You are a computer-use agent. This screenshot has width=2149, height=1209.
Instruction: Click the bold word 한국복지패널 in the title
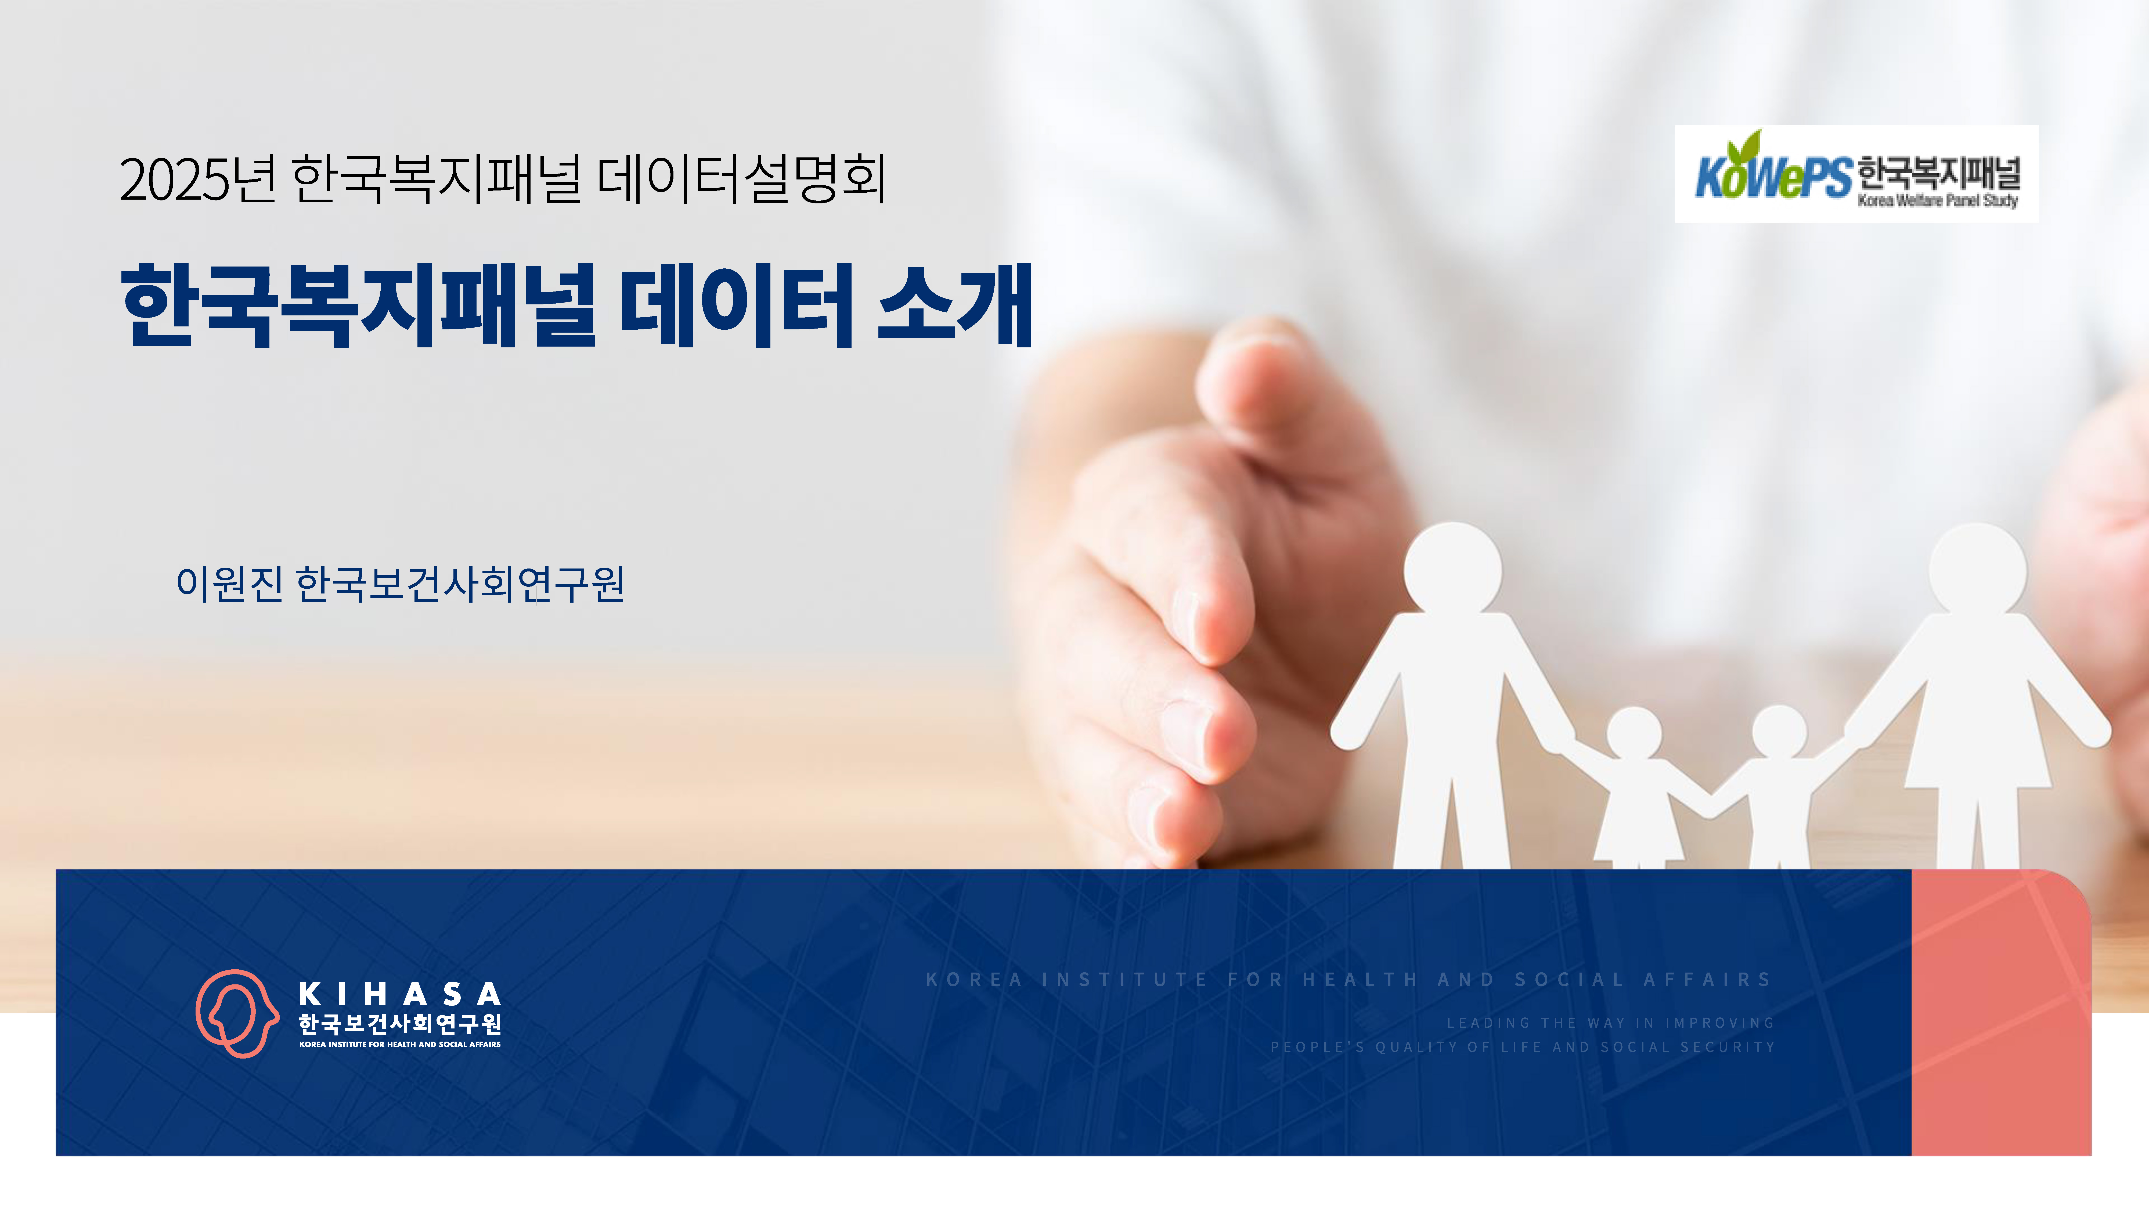pos(359,305)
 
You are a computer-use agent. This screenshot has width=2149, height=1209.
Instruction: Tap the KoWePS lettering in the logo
pos(1773,174)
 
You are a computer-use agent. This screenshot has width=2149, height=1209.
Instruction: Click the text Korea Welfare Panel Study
pos(1937,200)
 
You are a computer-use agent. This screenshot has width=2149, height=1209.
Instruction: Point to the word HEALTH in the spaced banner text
pos(1360,980)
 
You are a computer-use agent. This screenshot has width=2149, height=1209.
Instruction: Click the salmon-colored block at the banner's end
pos(2000,1012)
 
